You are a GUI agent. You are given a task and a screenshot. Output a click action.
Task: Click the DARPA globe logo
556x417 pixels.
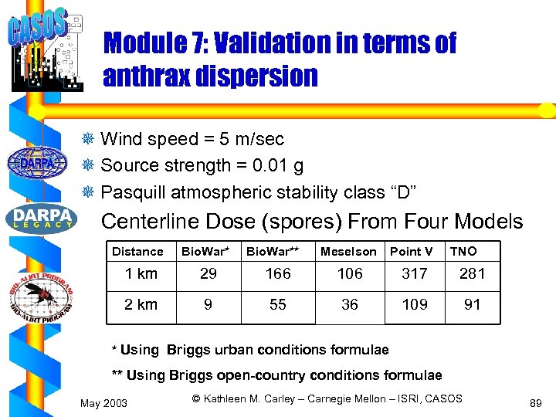[x=38, y=163]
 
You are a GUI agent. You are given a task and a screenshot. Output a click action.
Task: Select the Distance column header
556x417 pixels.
[x=137, y=251]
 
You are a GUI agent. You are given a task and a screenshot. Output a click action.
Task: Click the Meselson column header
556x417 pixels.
[x=348, y=251]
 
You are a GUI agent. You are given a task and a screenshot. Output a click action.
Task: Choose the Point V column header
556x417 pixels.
[x=411, y=251]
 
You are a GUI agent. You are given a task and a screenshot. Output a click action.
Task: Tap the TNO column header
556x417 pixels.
[x=463, y=251]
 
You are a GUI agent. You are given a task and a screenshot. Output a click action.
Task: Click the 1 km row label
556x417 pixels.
[x=141, y=274]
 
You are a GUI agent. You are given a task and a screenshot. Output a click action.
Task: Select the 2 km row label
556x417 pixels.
[x=141, y=305]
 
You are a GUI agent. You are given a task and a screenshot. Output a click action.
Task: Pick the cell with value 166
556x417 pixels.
[x=278, y=274]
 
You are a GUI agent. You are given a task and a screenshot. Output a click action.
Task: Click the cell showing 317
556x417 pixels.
[x=415, y=274]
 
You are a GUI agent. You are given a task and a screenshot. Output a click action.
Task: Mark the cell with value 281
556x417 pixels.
[x=472, y=274]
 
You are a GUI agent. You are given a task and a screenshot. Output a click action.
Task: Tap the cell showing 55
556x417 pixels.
[x=278, y=305]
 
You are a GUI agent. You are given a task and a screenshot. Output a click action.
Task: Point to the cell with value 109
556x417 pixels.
[x=415, y=305]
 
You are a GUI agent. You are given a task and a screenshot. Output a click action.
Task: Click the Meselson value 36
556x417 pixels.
[x=350, y=305]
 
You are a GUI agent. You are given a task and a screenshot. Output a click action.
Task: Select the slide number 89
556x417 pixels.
[x=535, y=403]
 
